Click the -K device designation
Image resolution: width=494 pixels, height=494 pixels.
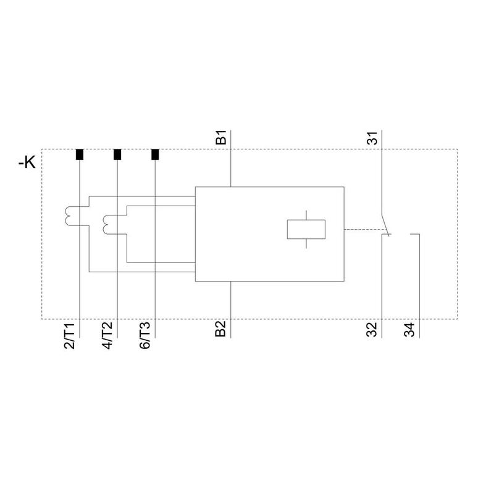[x=27, y=163]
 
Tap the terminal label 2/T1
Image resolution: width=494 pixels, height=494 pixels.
[x=69, y=336]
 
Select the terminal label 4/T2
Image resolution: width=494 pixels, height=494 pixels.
[x=107, y=336]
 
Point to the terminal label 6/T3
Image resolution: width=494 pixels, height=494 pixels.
[x=145, y=336]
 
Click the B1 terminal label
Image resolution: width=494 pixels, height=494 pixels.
[x=221, y=137]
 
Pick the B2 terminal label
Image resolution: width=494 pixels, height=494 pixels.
[x=221, y=329]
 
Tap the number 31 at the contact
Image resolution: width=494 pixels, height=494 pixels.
[x=372, y=138]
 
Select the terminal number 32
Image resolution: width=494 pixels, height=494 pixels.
[x=372, y=330]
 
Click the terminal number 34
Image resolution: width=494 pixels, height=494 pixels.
[x=409, y=330]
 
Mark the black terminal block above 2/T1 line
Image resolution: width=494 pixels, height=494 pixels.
[x=80, y=154]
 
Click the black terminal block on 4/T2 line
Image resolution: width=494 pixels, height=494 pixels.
[x=117, y=154]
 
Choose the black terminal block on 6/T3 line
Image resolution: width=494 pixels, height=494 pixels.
[x=155, y=154]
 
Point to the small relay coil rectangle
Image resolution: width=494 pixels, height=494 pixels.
[x=306, y=229]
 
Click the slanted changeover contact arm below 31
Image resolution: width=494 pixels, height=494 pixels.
[x=386, y=225]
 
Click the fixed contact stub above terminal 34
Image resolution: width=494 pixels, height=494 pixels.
[x=415, y=234]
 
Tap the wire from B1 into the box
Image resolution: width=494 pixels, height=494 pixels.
[x=231, y=159]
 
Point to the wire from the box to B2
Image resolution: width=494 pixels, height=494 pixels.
[x=231, y=309]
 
